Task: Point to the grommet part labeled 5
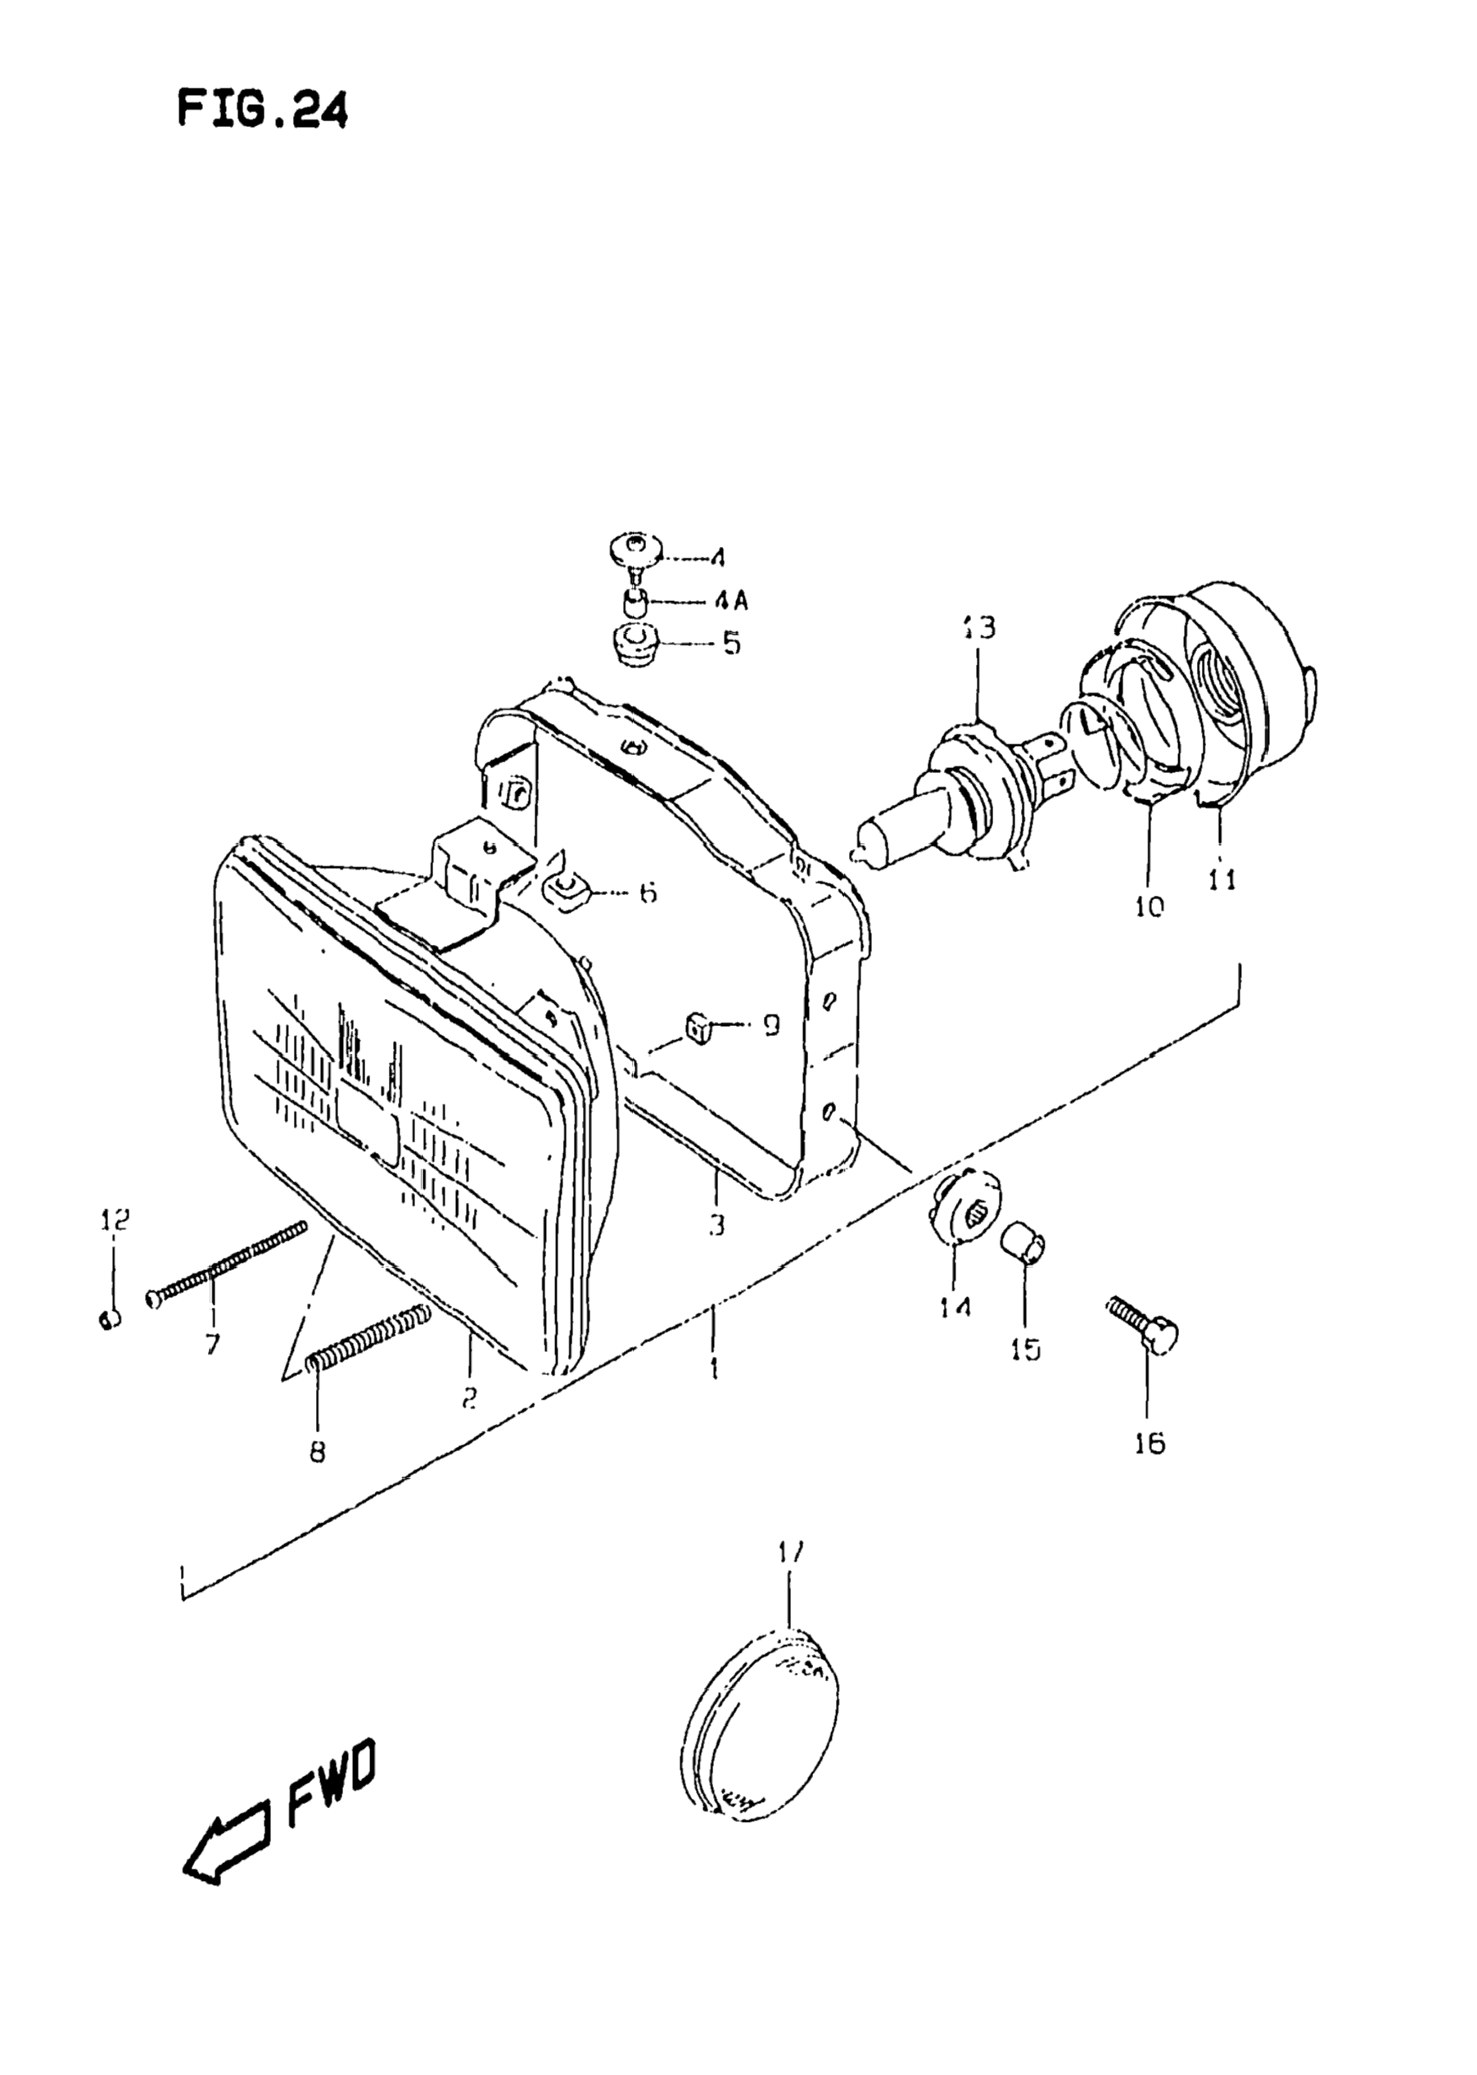point(633,643)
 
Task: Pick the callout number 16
point(1150,1443)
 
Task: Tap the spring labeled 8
point(368,1337)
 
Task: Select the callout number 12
point(115,1218)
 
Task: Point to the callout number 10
point(1149,906)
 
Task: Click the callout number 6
point(647,893)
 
